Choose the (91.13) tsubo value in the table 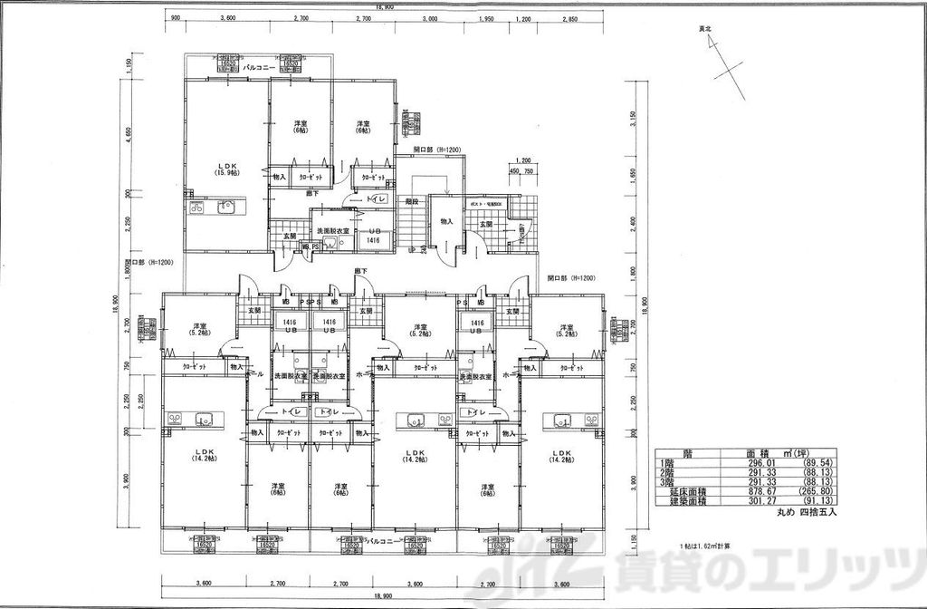[x=818, y=499]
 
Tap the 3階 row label [x=668, y=481]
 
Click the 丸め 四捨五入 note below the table [x=808, y=512]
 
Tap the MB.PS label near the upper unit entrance [x=311, y=246]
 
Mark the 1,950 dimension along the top [x=485, y=18]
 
